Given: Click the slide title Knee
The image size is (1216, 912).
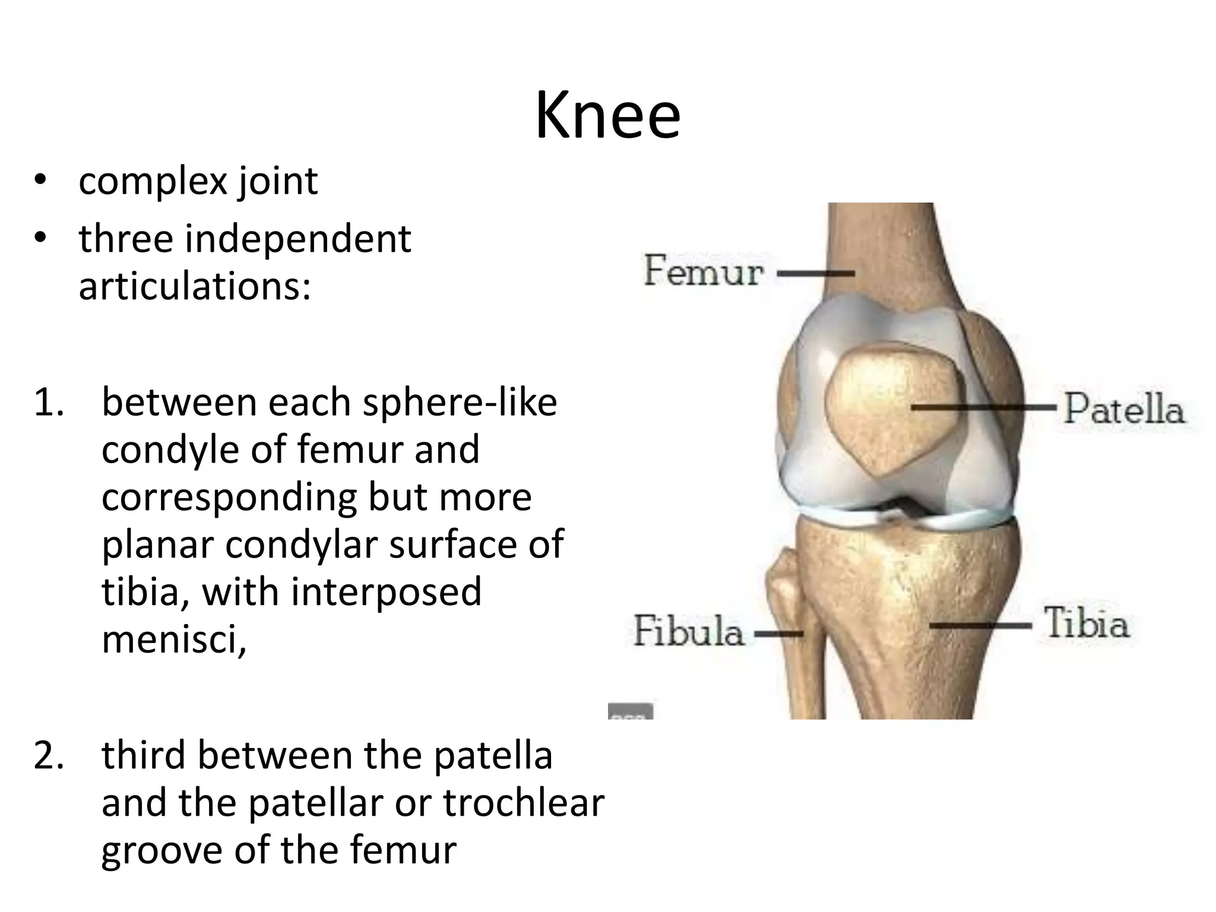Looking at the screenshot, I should point(607,116).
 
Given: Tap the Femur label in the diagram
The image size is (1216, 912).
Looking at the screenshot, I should point(704,271).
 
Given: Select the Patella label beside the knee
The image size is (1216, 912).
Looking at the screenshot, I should point(1123,409).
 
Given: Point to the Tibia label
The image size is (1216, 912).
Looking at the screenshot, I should point(1086,623).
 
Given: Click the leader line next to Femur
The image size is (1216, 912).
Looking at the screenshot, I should point(815,274).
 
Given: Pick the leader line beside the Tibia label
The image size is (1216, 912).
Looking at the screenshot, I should point(980,625).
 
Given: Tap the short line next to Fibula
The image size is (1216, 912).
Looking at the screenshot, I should point(778,634).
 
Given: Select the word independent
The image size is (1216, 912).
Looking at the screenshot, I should point(298,239).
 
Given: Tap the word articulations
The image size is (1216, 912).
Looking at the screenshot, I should point(195,287).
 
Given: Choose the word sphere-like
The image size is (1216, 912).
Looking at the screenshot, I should point(460,403).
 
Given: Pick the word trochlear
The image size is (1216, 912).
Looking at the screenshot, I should point(523,803).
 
